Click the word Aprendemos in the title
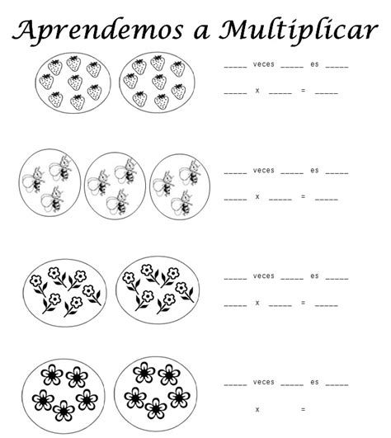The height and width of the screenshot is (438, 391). click(97, 31)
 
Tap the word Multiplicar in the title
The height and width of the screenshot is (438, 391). click(299, 31)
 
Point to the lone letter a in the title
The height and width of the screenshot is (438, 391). click(201, 33)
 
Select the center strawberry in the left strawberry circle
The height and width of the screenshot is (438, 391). click(75, 82)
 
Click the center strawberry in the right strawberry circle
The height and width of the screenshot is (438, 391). click(159, 82)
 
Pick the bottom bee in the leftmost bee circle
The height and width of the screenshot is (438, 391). click(53, 200)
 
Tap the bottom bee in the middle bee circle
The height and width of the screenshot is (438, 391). click(118, 201)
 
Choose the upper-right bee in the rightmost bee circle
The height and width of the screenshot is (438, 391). click(191, 173)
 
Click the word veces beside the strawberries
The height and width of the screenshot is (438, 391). click(264, 64)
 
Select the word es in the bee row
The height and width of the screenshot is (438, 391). click(314, 171)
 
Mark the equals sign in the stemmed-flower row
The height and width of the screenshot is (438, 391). click(303, 303)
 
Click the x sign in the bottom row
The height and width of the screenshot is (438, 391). click(257, 409)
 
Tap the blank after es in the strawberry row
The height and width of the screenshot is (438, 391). click(337, 67)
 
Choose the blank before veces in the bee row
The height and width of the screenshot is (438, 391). click(235, 173)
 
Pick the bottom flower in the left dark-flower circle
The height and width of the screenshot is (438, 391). click(64, 411)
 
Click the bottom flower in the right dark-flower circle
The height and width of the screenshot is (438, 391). click(156, 408)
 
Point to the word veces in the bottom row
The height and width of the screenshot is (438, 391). click(264, 382)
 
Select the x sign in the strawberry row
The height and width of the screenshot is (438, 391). click(257, 91)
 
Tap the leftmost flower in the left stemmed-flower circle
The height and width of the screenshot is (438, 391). click(38, 285)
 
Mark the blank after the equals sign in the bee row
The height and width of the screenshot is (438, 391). click(327, 200)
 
